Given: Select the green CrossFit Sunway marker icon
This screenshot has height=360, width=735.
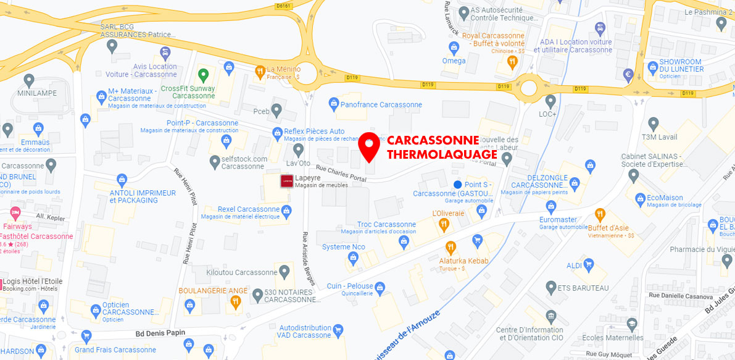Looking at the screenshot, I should pos(203,75).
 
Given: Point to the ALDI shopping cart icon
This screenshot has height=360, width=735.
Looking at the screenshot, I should pos(589,266).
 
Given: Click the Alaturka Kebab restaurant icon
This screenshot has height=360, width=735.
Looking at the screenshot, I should pos(451,248).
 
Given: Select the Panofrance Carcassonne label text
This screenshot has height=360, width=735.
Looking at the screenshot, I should pos(381,104).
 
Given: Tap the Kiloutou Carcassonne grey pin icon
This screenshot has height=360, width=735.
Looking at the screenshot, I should pos(284,272).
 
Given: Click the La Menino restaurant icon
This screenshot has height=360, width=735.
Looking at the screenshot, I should pos(260,70).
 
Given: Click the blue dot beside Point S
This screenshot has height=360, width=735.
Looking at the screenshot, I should pos(457,185).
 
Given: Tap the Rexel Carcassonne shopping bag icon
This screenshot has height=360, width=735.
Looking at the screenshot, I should pos(286,212).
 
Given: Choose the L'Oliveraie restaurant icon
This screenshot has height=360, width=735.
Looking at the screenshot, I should pos(443,225).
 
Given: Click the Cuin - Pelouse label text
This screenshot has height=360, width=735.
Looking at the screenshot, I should pos(350,286).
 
